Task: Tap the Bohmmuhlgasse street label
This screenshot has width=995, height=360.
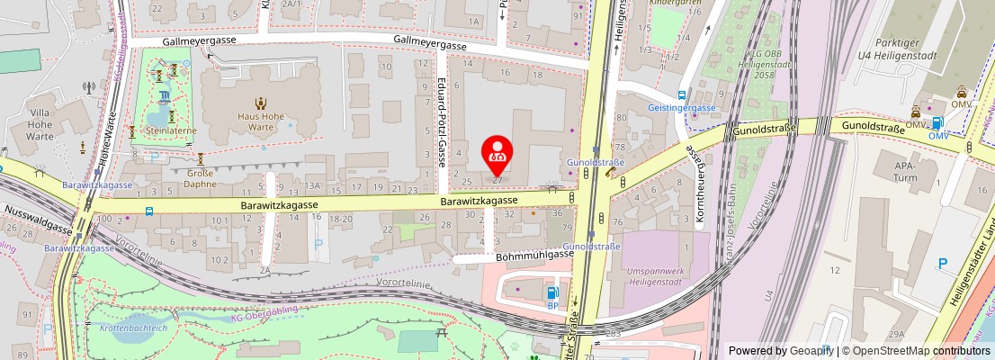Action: pos(534,255)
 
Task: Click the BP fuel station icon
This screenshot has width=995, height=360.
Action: pos(552,292)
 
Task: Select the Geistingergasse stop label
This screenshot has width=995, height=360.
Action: pos(681,108)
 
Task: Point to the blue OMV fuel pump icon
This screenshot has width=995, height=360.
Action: pos(938,123)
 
